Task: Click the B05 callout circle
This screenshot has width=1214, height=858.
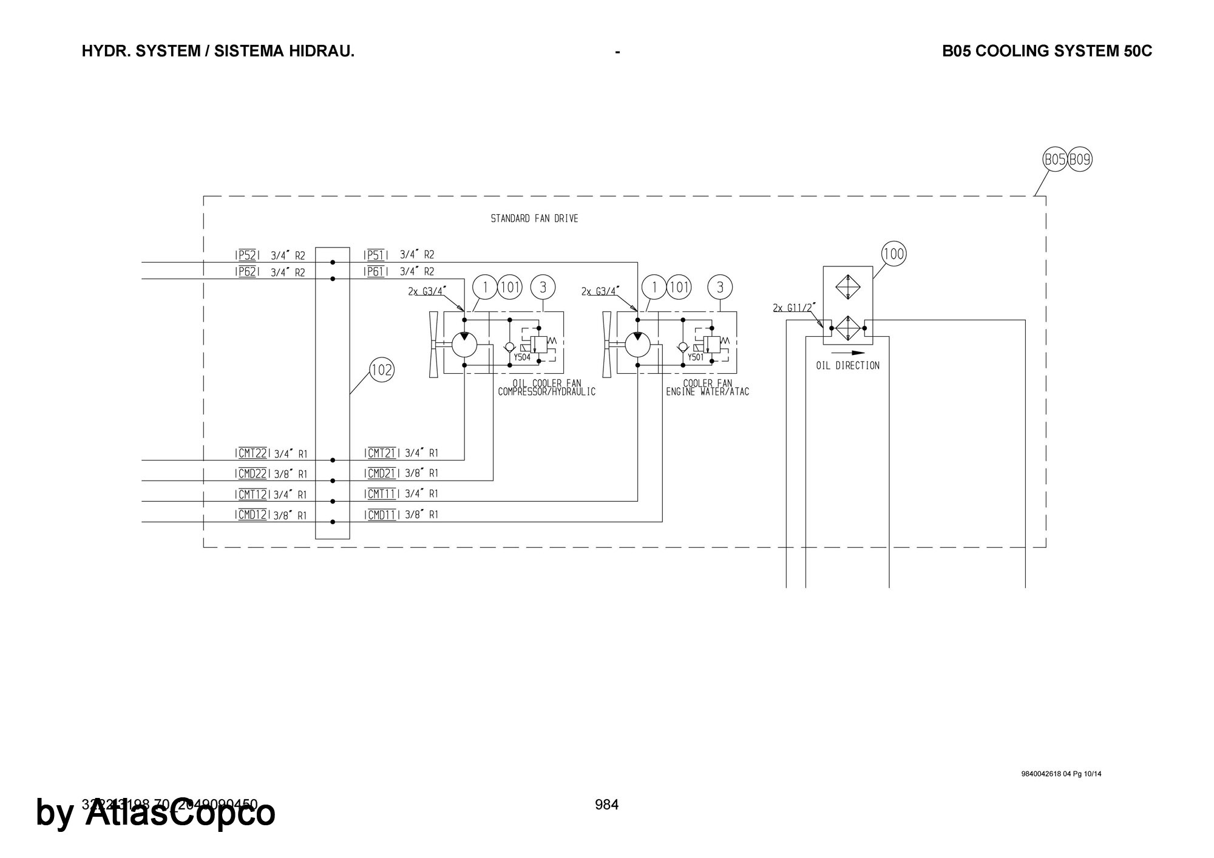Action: coord(1055,160)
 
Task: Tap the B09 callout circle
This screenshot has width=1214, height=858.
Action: coord(1080,160)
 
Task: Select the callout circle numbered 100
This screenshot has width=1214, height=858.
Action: coord(894,254)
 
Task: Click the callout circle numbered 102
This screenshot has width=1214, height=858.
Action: coord(382,370)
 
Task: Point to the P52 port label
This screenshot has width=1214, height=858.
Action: coord(246,255)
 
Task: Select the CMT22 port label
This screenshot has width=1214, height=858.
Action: coord(253,453)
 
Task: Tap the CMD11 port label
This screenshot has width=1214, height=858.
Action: coord(382,515)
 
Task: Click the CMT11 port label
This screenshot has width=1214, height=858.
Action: coord(382,494)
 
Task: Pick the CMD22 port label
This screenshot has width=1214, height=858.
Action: coord(253,474)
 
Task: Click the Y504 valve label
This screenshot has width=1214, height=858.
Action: coord(522,357)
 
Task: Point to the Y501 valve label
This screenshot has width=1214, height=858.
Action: coord(696,357)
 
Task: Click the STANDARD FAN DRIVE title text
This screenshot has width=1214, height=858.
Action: coord(534,218)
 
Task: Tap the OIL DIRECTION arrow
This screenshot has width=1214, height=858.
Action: coord(848,353)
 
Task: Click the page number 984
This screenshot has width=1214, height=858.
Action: coord(606,805)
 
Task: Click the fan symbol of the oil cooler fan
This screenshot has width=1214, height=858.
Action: coord(433,344)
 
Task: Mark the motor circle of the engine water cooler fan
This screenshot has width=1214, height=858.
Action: coord(637,345)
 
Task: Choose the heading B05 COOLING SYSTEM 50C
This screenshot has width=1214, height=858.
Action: coord(1046,51)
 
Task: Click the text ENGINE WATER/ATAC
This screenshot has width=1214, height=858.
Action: coord(708,392)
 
